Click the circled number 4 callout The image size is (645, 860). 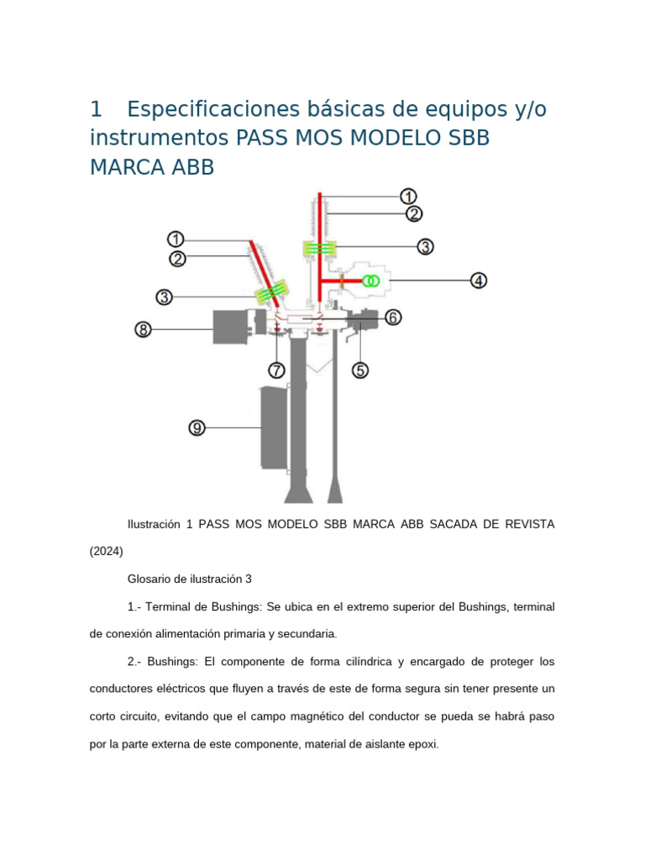[x=478, y=281]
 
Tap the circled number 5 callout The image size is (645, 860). [x=360, y=370]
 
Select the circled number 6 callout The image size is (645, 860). [x=393, y=317]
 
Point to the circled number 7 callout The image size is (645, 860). [x=277, y=370]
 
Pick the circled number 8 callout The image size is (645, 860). [x=144, y=330]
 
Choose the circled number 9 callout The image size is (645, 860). [x=197, y=428]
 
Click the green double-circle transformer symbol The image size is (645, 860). [x=370, y=282]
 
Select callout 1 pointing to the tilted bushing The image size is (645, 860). [x=176, y=239]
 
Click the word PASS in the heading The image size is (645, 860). [x=261, y=138]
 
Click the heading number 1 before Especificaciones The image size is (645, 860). [x=96, y=109]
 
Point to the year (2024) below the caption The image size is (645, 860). [x=107, y=552]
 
